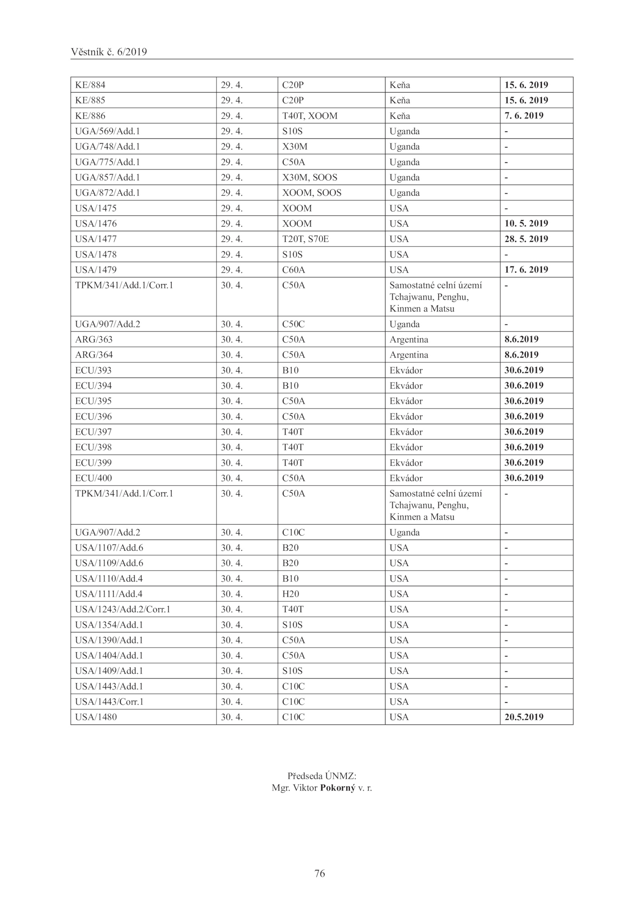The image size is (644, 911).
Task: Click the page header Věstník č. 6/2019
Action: pos(109,52)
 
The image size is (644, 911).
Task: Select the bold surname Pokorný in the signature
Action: pos(338,788)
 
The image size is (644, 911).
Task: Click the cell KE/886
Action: pos(90,116)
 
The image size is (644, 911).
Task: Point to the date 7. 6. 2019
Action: pos(524,116)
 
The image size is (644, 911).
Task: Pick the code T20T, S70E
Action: pos(305,239)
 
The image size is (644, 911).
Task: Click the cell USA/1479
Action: pos(96,270)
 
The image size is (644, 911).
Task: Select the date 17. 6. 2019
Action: pos(526,270)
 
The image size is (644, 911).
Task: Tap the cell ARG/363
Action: pos(94,339)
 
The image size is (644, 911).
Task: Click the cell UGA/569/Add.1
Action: pos(107,131)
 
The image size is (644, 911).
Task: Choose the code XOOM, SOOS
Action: pos(312,193)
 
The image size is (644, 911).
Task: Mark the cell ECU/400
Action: pos(93,478)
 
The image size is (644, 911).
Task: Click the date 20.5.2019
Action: pos(524,717)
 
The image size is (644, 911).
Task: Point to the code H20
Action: pos(291,594)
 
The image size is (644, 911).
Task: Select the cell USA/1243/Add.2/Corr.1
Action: pos(123,609)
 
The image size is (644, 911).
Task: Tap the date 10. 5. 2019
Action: pos(526,223)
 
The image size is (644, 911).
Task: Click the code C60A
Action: pos(293,270)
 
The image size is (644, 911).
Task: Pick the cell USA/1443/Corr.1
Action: pos(109,702)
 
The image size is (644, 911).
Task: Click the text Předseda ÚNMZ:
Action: pos(322,776)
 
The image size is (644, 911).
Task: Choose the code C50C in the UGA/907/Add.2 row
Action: pos(293,324)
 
